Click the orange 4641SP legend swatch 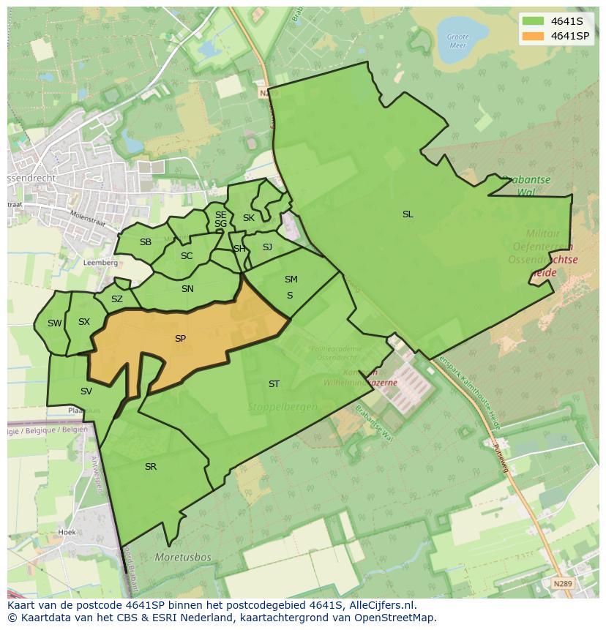534,36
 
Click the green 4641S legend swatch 534,20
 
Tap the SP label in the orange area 180,339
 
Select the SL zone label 408,214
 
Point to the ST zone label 274,384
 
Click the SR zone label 151,467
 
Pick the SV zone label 86,391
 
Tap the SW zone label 55,323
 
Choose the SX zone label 84,322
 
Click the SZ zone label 117,299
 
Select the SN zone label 187,289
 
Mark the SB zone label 146,242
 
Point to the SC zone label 187,256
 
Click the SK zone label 249,218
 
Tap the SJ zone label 267,247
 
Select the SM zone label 291,280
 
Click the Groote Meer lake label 457,40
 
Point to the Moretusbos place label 183,558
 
